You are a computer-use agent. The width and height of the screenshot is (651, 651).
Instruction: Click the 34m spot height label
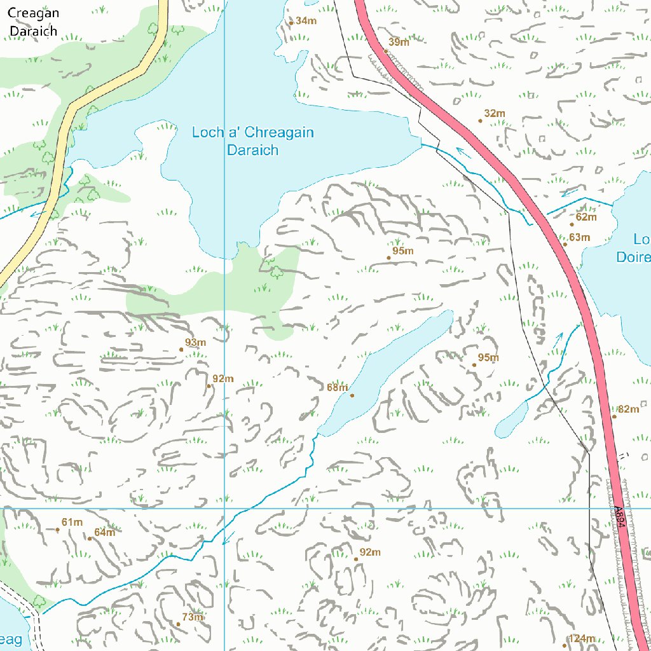306,21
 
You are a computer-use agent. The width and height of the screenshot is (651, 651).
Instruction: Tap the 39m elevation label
399,43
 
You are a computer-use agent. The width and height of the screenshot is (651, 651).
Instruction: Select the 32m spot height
494,114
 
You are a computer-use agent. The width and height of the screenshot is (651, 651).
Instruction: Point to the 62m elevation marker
586,217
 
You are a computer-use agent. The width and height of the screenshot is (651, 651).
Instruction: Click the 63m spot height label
579,238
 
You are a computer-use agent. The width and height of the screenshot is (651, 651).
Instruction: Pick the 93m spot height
195,343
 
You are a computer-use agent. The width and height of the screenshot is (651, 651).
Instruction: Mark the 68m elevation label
337,388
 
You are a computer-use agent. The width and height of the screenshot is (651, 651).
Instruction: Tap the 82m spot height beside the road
628,409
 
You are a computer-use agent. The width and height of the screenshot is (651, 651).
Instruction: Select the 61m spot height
72,523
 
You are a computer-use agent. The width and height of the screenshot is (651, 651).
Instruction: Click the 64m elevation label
104,533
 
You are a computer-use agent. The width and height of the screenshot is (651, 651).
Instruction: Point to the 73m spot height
192,617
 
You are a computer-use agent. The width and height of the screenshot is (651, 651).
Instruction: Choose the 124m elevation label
581,639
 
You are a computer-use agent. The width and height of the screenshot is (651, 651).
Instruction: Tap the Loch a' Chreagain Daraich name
253,141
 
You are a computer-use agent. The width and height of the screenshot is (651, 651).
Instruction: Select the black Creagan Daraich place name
33,22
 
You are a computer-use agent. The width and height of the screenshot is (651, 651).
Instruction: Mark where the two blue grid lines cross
224,509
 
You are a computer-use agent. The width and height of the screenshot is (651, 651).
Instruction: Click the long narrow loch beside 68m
388,372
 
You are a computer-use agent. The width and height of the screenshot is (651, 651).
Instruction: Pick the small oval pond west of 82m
512,421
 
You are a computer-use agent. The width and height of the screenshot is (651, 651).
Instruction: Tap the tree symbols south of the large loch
273,267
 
